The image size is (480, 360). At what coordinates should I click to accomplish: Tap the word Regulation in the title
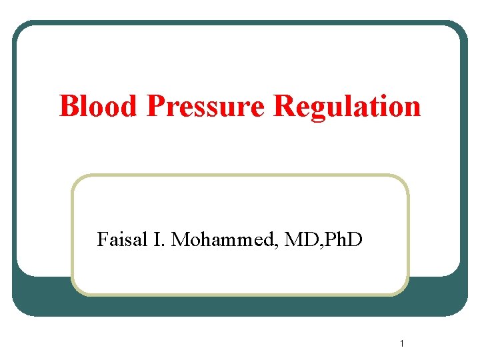347,106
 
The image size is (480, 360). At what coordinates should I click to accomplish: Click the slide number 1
403,344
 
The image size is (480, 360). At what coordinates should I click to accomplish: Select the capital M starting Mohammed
180,239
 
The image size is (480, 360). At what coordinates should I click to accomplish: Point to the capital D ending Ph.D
356,239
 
